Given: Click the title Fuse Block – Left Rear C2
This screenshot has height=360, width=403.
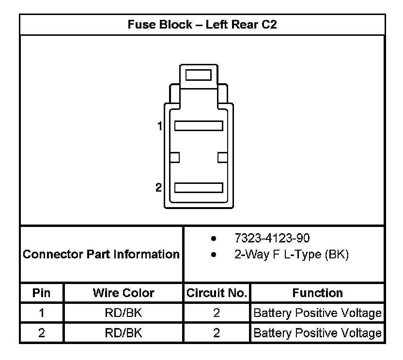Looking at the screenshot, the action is point(202,25).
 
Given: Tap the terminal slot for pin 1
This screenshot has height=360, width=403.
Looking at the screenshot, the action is point(198,126).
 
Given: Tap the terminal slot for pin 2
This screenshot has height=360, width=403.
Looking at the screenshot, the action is point(198,188).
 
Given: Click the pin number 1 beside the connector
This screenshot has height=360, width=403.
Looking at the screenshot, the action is point(159,126).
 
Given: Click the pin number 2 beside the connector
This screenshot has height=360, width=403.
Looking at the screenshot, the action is point(158,188).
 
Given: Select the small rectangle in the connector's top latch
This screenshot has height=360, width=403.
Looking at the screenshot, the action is point(198,75).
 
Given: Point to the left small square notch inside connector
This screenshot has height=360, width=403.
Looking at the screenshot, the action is point(175,157).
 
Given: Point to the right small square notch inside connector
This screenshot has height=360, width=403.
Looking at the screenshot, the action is point(223,157).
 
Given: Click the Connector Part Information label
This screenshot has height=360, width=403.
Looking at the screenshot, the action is point(101,254).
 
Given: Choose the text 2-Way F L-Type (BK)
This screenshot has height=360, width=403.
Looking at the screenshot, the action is point(291,255).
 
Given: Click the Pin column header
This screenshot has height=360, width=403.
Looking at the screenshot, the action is point(42,293).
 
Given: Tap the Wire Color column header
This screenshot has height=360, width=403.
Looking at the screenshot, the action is point(124,293).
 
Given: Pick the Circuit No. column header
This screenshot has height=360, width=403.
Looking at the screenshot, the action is point(217,293).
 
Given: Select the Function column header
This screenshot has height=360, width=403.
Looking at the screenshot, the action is point(317,293).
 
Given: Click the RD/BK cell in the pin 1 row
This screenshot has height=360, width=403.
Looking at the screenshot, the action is point(124,313).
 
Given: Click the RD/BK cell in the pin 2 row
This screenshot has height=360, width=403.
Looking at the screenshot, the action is point(124,333).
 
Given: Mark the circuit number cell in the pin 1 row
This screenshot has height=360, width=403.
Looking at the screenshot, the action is point(217,313).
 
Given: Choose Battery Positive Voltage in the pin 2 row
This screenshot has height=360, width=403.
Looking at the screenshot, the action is point(317,333).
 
